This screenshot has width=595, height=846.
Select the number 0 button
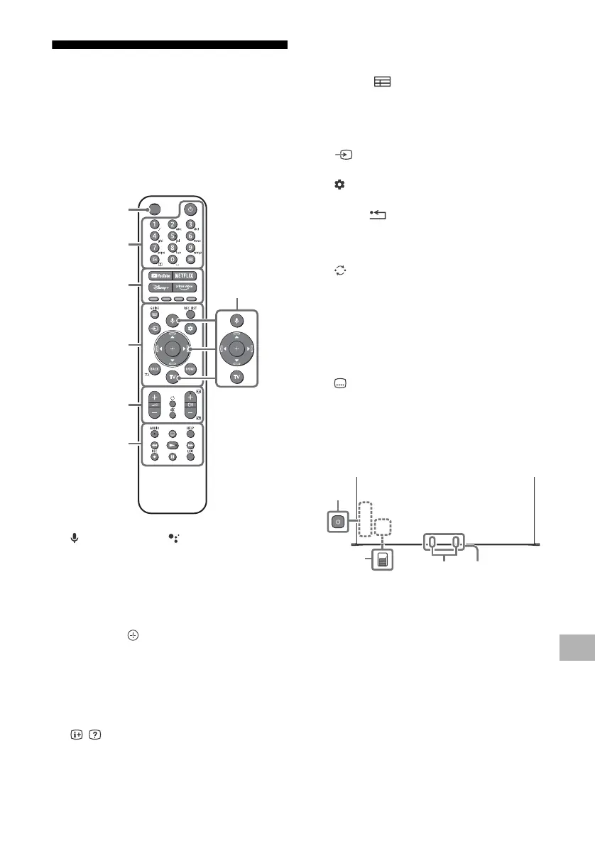click(x=172, y=260)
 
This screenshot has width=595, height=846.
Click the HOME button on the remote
click(x=190, y=369)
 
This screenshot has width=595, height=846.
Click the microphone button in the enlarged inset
click(x=237, y=319)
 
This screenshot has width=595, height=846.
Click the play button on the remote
click(x=172, y=445)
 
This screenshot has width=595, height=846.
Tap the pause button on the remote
click(x=172, y=457)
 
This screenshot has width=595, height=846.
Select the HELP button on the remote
click(x=190, y=433)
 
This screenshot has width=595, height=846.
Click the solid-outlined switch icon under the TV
click(x=383, y=560)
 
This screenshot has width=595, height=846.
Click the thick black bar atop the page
click(x=170, y=45)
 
